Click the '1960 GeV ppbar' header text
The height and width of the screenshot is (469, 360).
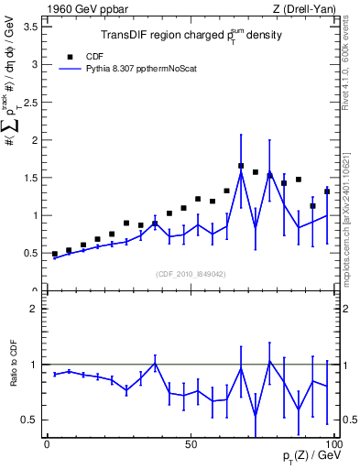point(81,8)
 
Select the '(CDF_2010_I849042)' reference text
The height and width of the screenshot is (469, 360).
point(190,273)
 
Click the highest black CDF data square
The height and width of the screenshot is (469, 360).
point(241,166)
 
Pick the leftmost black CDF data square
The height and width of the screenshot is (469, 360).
point(55,254)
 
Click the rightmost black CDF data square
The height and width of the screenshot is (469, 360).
point(327,191)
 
